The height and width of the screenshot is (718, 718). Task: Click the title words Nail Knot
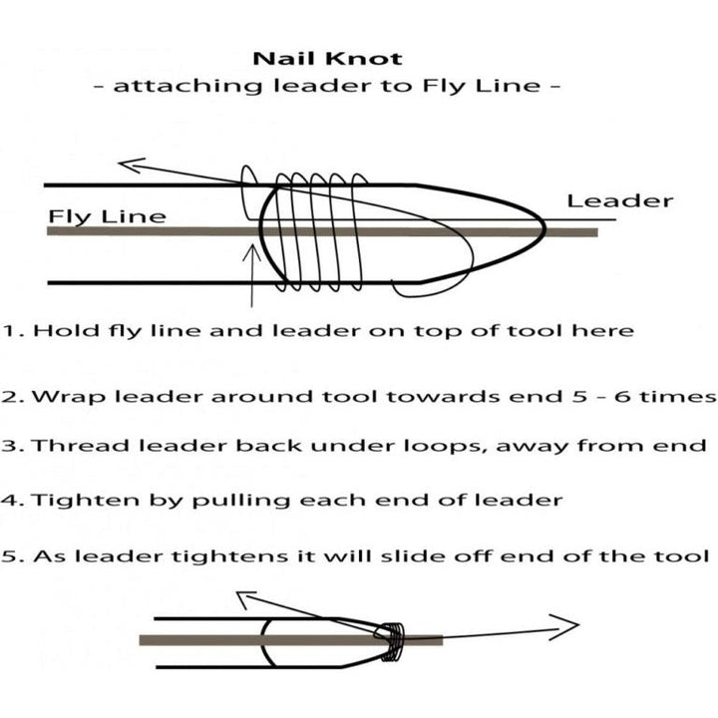point(327,59)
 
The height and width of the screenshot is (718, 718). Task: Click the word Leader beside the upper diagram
point(620,201)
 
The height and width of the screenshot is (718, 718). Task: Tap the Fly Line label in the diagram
point(107,217)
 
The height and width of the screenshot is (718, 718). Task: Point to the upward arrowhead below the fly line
point(251,252)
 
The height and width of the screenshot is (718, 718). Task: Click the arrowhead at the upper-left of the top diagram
point(132,165)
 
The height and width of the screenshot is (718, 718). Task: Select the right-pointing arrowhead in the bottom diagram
point(564,627)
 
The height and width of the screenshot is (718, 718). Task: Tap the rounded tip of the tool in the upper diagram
point(543,226)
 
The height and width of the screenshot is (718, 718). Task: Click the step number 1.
point(10,331)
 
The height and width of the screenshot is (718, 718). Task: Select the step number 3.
point(9,446)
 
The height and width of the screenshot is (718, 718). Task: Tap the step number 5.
point(10,556)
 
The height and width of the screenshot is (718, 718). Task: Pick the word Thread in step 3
point(80,445)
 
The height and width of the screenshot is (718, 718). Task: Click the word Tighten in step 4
point(86,500)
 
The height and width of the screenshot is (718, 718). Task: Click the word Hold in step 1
point(67,330)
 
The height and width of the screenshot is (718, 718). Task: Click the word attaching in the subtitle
point(187,86)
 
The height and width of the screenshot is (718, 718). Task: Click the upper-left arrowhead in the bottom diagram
point(246,600)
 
